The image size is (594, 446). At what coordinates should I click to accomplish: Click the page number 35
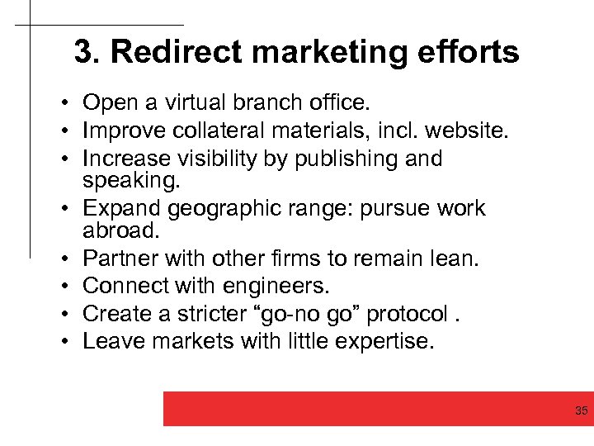point(581,410)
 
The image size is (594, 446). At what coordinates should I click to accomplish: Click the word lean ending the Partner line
point(454,259)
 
